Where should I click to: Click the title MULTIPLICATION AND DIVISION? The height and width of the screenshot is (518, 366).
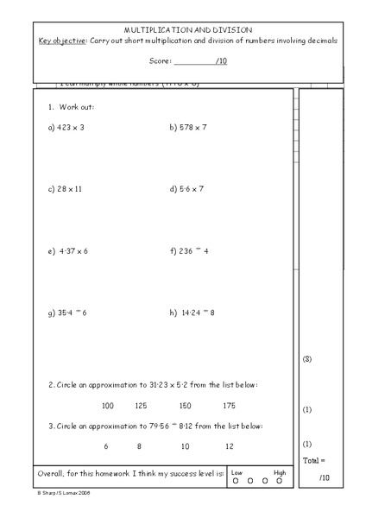[x=187, y=29]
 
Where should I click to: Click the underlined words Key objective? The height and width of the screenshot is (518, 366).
[x=63, y=41]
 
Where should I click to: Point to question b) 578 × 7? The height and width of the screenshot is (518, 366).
[x=188, y=127]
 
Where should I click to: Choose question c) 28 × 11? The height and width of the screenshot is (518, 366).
[x=65, y=188]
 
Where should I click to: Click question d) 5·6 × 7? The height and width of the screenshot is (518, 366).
[x=186, y=188]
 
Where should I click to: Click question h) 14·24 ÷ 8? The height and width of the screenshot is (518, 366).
[x=192, y=313]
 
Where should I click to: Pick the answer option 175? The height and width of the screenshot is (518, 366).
[x=229, y=405]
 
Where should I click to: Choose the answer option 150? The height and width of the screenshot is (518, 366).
[x=185, y=405]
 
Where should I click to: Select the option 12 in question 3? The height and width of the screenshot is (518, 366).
[x=229, y=446]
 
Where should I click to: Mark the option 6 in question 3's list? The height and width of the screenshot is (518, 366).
[x=106, y=446]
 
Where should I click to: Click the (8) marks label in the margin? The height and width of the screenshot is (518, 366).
[x=307, y=358]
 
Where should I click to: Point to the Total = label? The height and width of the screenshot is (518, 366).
[x=314, y=461]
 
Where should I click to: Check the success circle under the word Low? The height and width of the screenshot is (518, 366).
[x=236, y=481]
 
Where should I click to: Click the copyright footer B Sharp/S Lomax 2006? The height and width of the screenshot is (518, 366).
[x=64, y=494]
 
